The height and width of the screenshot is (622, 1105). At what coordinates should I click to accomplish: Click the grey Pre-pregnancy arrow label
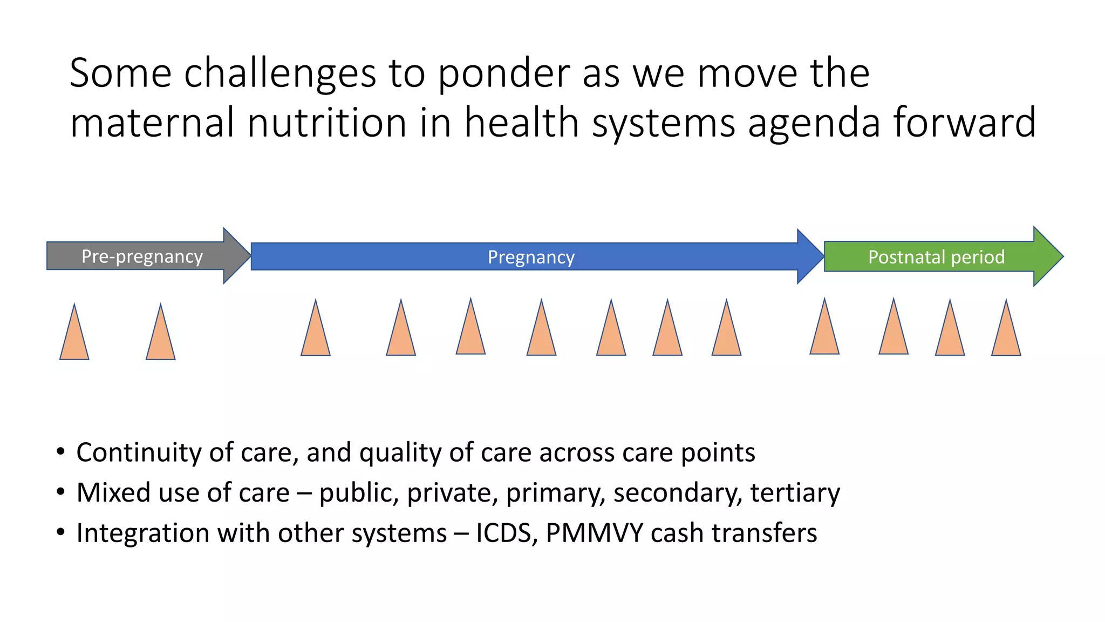pyautogui.click(x=142, y=256)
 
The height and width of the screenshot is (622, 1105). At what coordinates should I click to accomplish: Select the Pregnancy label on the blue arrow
pyautogui.click(x=531, y=257)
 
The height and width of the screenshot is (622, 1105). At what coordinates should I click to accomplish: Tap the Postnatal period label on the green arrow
pyautogui.click(x=936, y=257)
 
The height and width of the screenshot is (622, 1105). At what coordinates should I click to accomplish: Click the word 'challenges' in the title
pyautogui.click(x=279, y=73)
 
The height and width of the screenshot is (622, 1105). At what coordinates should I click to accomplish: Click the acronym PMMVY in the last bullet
pyautogui.click(x=594, y=533)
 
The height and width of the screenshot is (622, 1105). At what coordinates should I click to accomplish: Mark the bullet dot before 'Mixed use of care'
pyautogui.click(x=60, y=492)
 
